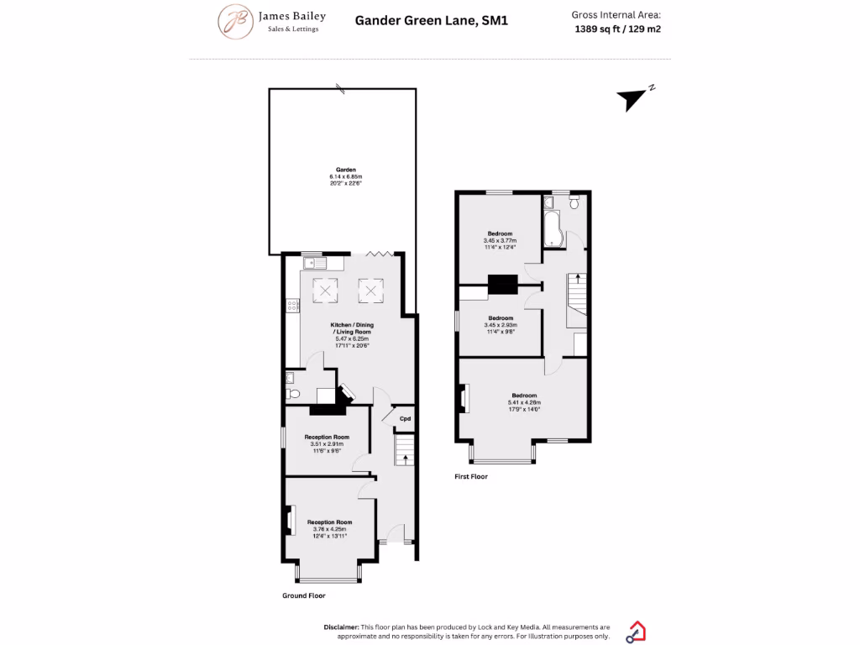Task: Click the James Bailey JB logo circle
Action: (x=236, y=22)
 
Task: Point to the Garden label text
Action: (x=346, y=170)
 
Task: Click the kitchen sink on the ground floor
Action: (x=312, y=264)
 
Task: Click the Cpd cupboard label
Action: (x=405, y=418)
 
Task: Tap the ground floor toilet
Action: (x=291, y=394)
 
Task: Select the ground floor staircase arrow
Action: (x=406, y=459)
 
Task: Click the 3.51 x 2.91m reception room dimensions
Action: (x=328, y=444)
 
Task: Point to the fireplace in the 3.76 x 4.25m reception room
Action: (x=290, y=520)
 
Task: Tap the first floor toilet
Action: (x=574, y=203)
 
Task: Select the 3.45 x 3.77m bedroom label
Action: (x=500, y=240)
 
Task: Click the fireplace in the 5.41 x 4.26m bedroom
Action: (x=464, y=399)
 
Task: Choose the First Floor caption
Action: (x=470, y=476)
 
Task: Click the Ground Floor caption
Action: (x=303, y=595)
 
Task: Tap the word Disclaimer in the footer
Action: (x=341, y=627)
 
